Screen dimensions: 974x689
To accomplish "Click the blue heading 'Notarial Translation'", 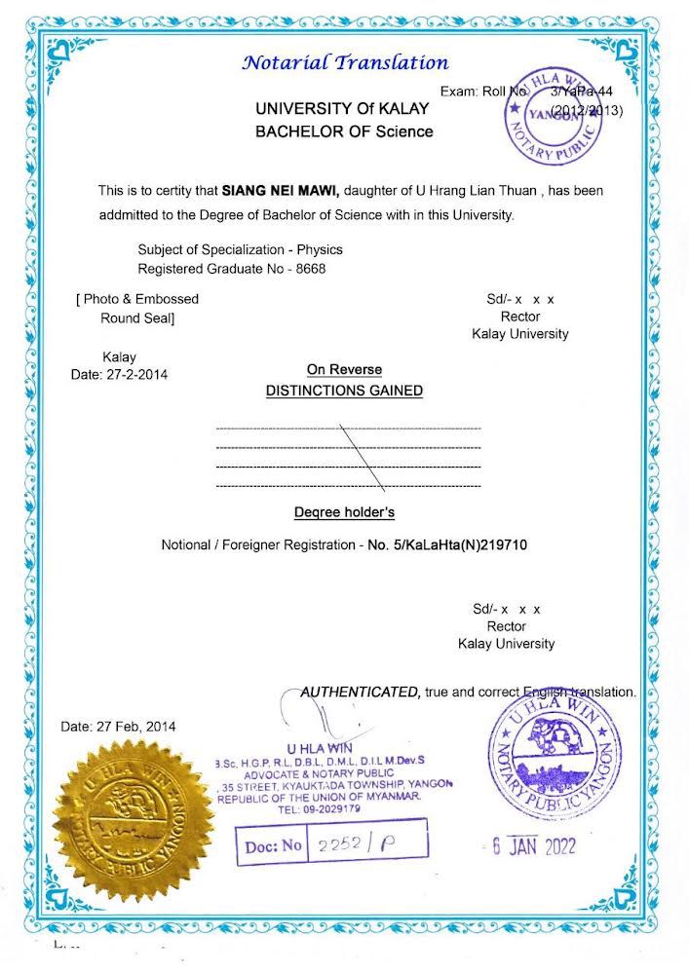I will coord(345,63).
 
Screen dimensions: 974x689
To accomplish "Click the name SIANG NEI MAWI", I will coord(281,191).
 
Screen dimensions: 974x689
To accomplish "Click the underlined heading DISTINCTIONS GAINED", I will coord(344,391).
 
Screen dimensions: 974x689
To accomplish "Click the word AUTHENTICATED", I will coord(361,692).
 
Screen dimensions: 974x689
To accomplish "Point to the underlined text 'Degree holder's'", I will coord(344,511).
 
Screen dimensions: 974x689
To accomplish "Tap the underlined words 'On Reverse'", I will coord(344,370).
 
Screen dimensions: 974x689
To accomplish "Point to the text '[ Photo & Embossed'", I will coord(136,299).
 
